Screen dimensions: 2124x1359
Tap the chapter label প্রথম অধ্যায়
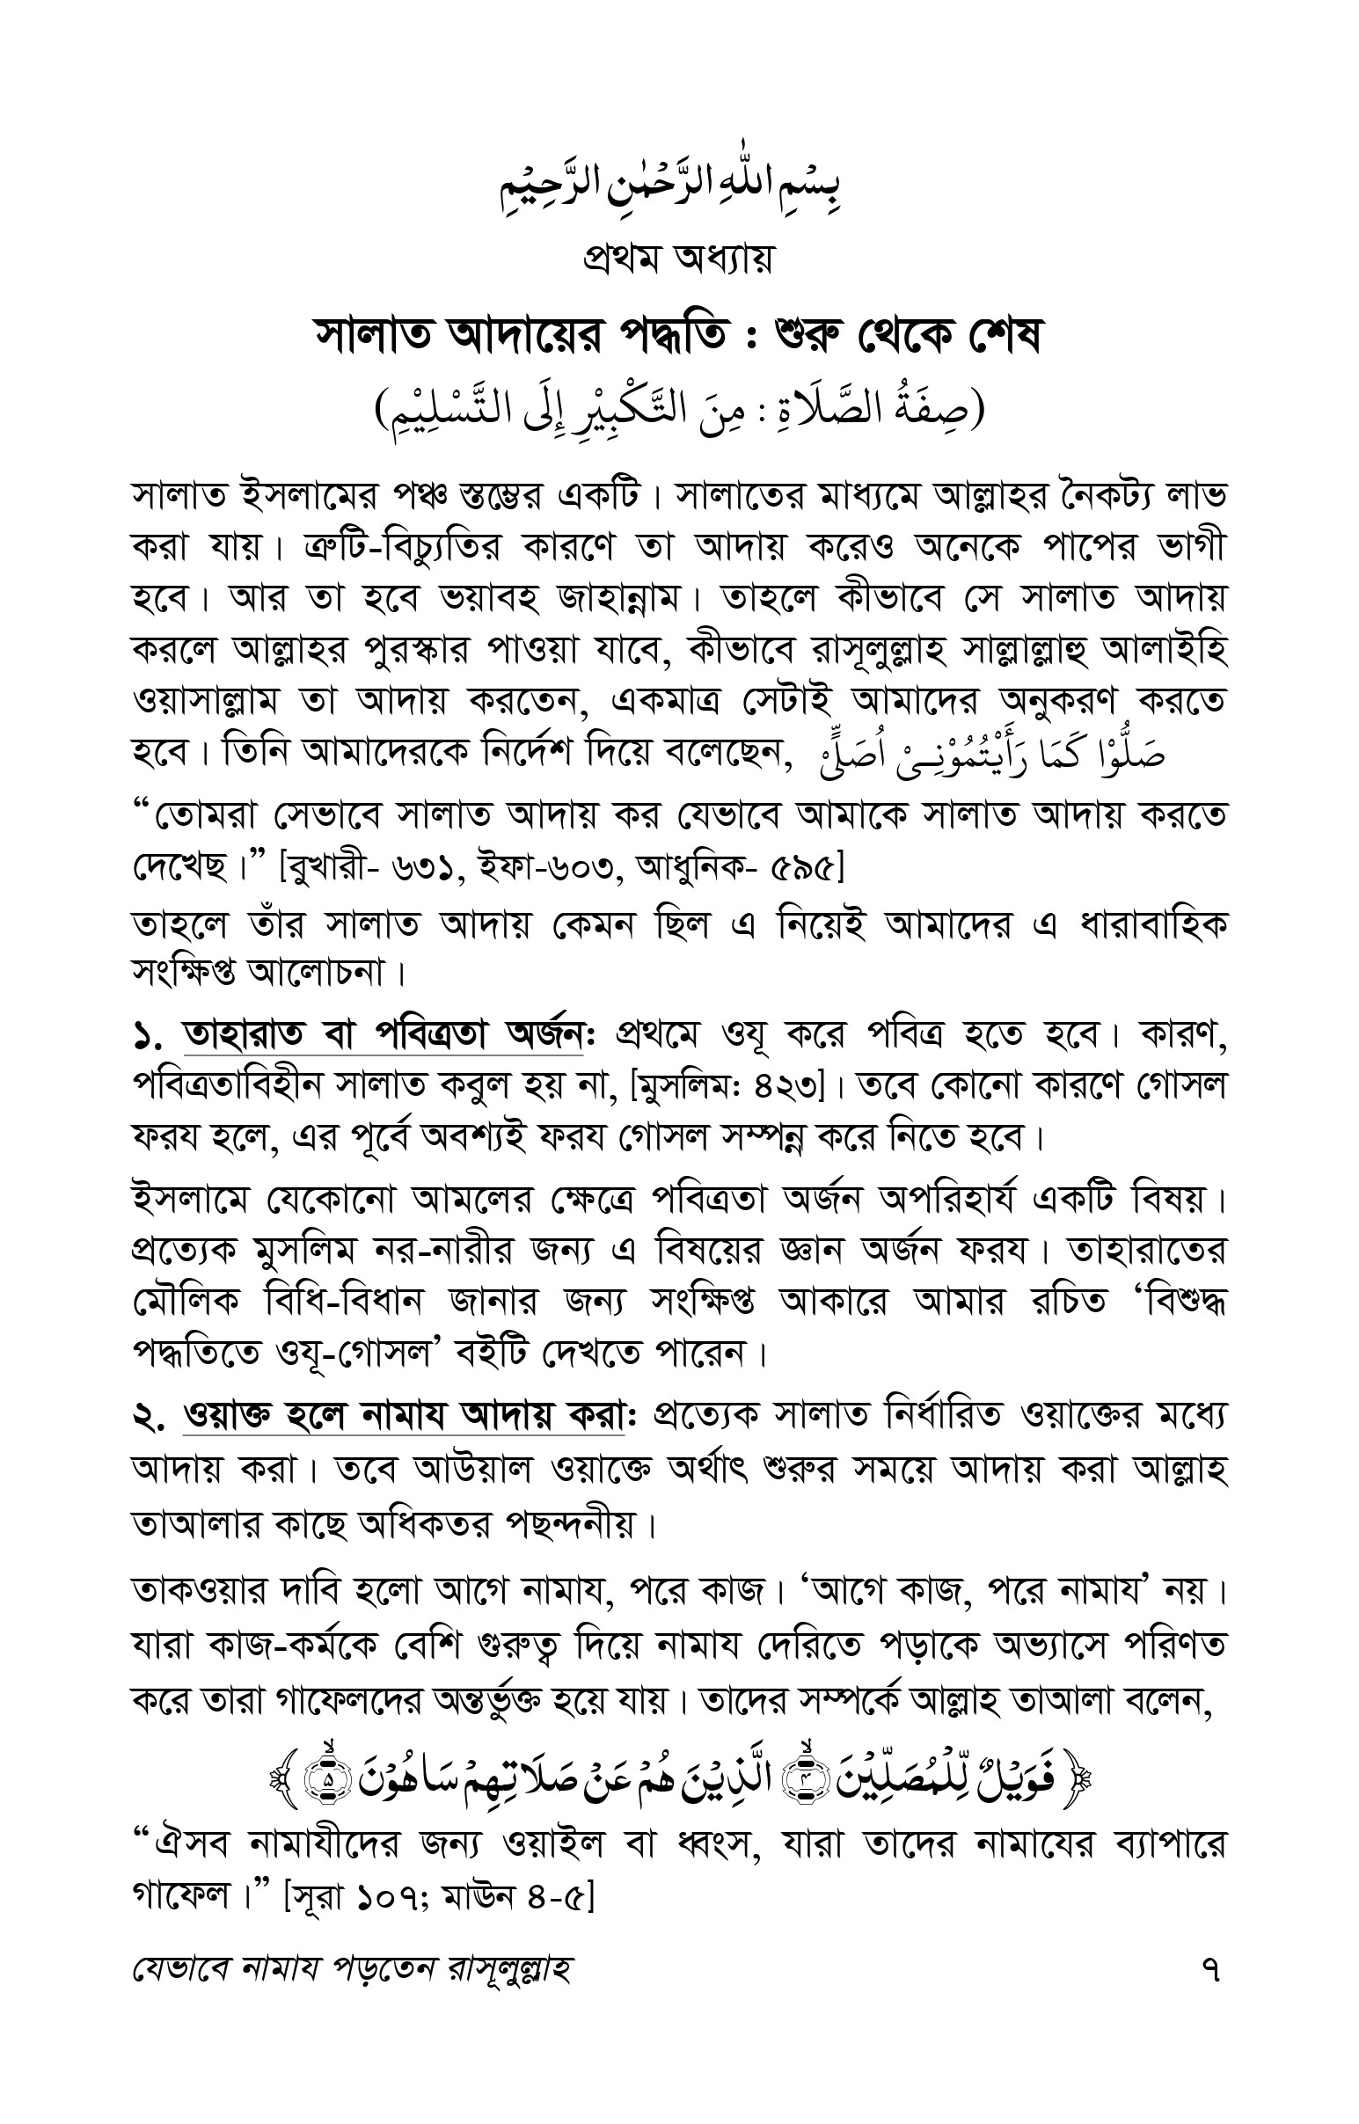click(677, 259)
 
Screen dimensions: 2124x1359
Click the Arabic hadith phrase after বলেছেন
click(980, 754)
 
